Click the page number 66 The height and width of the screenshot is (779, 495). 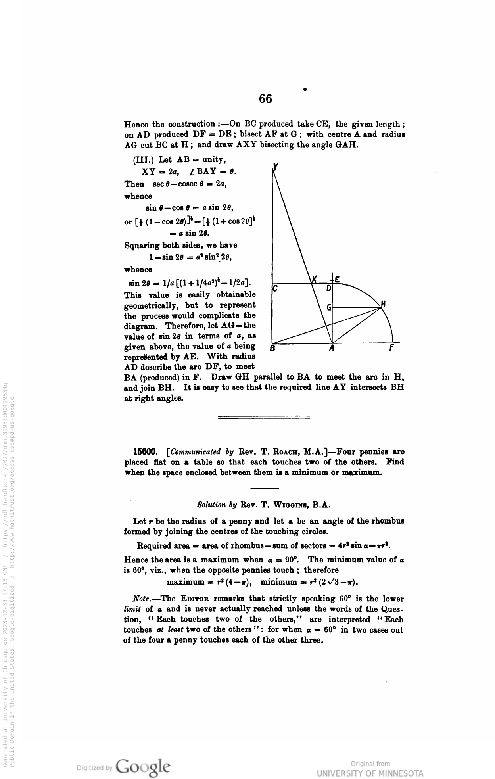(266, 98)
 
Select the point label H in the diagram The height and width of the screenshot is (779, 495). (383, 305)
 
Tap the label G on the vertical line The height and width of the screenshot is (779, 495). (328, 307)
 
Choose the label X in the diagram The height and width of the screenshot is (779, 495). (315, 280)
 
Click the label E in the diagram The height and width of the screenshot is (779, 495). (337, 279)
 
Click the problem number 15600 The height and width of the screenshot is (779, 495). (146, 451)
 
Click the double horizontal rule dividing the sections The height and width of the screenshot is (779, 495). (264, 417)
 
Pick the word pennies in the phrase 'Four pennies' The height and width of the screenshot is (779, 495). (371, 451)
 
